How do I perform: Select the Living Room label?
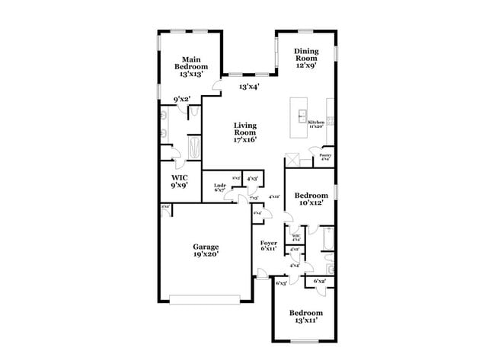245,133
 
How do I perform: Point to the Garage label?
206,251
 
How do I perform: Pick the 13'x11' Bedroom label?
305,317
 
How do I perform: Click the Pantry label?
325,158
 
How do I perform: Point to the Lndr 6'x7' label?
219,188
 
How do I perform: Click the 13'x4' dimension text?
249,87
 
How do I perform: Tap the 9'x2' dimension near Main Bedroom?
181,99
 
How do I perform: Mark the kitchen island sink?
302,116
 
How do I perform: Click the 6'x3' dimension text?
281,283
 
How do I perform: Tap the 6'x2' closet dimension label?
319,282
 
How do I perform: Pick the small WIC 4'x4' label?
295,238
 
